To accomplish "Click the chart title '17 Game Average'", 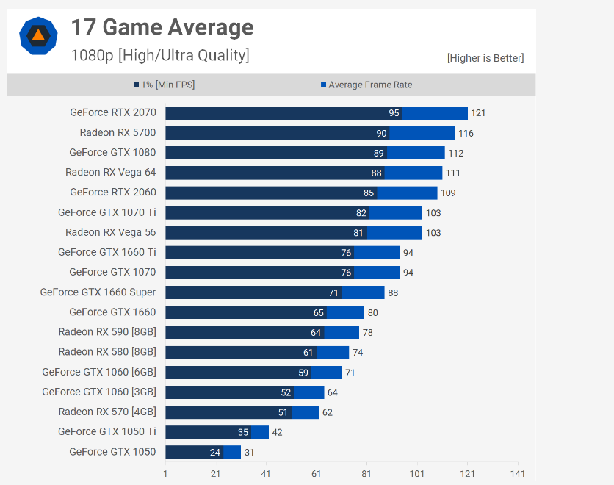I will pos(162,27).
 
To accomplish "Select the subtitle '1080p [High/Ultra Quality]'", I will pos(160,55).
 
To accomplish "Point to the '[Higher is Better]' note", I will pos(485,59).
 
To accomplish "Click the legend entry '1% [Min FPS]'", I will pos(164,85).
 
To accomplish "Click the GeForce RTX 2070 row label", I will pos(112,112).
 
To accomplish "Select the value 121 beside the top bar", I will pos(478,113).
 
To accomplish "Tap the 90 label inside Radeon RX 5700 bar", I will pos(381,133).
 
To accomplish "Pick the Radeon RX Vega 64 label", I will pos(110,173).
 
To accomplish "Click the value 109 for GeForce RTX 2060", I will pos(447,193).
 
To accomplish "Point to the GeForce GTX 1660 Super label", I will pos(98,292).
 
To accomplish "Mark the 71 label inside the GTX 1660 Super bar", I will pos(333,292).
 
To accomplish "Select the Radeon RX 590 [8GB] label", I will pos(107,332).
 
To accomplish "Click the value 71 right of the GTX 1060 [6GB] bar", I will pos(350,373).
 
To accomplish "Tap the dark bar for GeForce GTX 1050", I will pos(194,452).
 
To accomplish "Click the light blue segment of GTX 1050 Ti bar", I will pos(260,432).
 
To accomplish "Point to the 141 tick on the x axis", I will pos(518,474).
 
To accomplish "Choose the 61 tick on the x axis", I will pos(317,474).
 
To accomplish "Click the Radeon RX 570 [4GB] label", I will pos(107,412).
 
